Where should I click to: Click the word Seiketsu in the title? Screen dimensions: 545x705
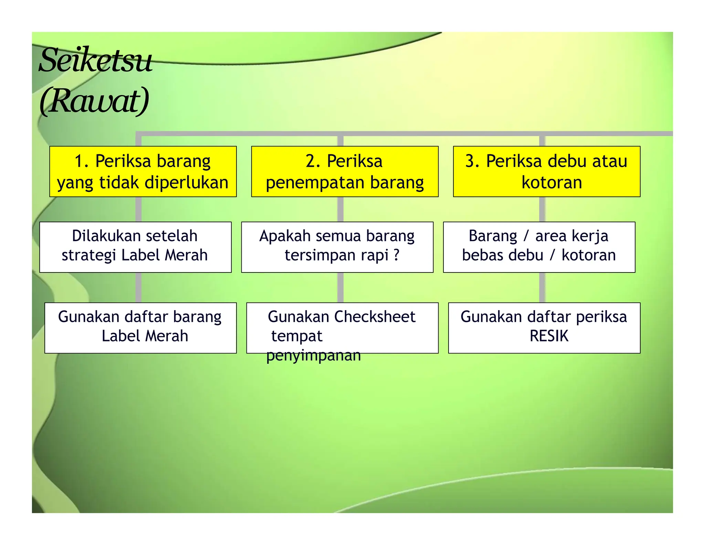[95, 61]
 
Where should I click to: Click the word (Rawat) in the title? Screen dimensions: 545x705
[94, 101]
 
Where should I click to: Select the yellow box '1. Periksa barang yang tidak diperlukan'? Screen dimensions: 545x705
[143, 172]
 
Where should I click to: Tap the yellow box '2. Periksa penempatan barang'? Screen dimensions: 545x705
[345, 172]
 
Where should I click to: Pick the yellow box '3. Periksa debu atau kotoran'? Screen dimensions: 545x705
[546, 172]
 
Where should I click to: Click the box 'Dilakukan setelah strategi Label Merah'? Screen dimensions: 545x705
[135, 247]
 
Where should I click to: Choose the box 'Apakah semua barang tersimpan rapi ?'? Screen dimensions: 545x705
[337, 247]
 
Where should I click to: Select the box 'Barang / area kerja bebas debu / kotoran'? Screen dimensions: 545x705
[539, 247]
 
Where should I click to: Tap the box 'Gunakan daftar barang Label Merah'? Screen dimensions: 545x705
[140, 328]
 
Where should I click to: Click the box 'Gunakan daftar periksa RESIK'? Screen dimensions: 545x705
[544, 328]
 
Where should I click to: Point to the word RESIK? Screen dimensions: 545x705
[549, 336]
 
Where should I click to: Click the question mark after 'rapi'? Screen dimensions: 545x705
[396, 255]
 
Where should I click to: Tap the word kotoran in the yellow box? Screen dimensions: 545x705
[551, 183]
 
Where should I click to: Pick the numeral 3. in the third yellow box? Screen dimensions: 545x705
[473, 161]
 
